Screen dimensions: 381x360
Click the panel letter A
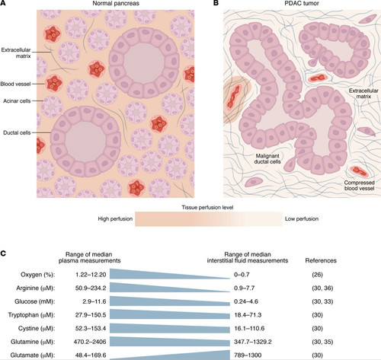(x=2, y=3)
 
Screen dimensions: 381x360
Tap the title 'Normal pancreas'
(x=116, y=3)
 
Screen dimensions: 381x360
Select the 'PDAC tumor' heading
(x=302, y=3)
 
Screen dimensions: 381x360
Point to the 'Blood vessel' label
(x=15, y=84)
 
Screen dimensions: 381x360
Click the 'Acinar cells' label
(x=17, y=101)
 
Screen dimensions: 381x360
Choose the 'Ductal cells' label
(x=17, y=132)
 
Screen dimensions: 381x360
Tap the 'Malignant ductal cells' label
(x=267, y=159)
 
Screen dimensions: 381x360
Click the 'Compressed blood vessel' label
(x=360, y=186)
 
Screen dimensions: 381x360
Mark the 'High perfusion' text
(x=115, y=218)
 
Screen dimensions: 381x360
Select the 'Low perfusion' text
(x=302, y=218)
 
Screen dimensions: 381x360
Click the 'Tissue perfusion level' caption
(x=207, y=208)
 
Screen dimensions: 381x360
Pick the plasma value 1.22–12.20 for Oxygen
(x=91, y=275)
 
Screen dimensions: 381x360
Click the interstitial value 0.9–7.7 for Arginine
(x=245, y=288)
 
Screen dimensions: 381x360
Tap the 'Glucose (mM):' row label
(x=35, y=301)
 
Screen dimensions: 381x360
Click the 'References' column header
(x=321, y=260)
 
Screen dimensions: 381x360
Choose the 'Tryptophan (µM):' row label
(x=31, y=315)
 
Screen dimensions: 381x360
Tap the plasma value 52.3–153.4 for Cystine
(x=91, y=328)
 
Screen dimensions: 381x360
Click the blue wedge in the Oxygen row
(x=152, y=275)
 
